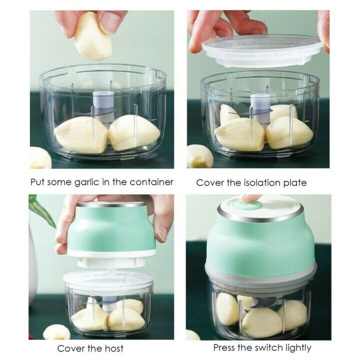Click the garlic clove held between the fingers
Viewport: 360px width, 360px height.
click(x=93, y=38)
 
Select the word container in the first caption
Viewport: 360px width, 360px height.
click(x=151, y=182)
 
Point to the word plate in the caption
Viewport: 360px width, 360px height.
click(x=295, y=183)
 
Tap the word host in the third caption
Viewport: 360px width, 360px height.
click(x=114, y=348)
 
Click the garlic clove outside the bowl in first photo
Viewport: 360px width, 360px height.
click(x=40, y=158)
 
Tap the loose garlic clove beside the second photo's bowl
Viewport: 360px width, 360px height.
click(x=199, y=156)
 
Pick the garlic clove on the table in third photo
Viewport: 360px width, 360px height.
click(x=56, y=332)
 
